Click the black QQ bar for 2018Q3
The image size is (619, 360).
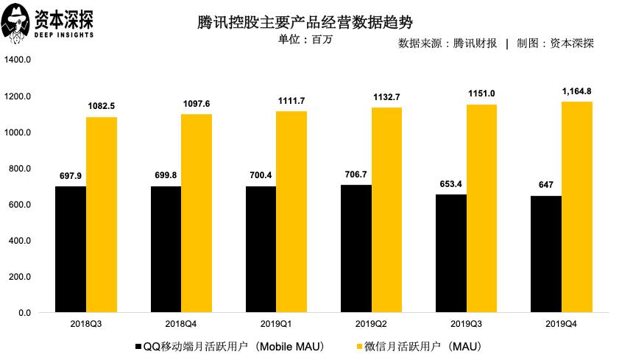[x=71, y=250]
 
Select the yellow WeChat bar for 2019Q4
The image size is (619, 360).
[x=576, y=208]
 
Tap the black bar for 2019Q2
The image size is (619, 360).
[x=356, y=249]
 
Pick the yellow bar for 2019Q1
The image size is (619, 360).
[x=291, y=212]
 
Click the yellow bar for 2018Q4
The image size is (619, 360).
[x=197, y=213]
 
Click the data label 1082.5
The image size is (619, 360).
[x=102, y=106]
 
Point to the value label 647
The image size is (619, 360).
[x=546, y=184]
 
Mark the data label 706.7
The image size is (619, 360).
[x=356, y=173]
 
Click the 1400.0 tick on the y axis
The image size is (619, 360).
[x=18, y=60]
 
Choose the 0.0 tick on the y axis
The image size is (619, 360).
[x=24, y=313]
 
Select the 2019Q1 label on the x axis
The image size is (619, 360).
[x=276, y=325]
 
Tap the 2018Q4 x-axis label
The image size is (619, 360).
[x=181, y=325]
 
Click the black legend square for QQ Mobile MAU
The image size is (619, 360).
[x=138, y=345]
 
